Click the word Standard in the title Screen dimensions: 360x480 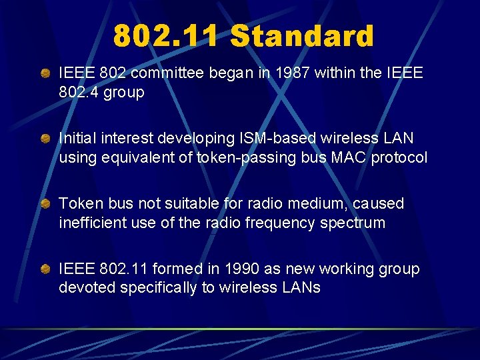pyautogui.click(x=301, y=36)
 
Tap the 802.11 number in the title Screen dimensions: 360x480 pyautogui.click(x=165, y=36)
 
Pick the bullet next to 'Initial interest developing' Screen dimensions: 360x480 pyautogui.click(x=45, y=138)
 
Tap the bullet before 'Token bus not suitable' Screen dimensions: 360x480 pyautogui.click(x=45, y=203)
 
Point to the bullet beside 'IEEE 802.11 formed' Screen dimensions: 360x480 pyautogui.click(x=45, y=269)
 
